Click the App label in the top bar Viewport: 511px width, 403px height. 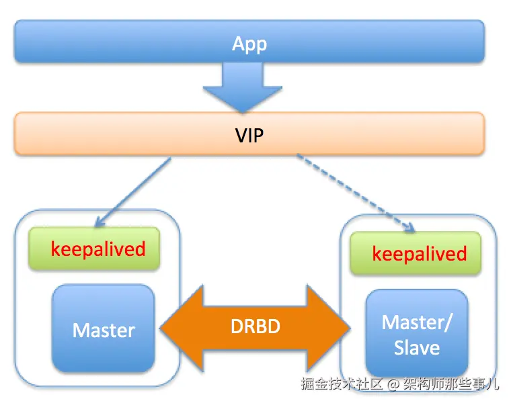249,44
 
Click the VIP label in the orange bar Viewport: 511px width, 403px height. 249,136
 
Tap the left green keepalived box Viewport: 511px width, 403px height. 94,249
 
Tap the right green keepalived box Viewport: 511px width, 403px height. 415,253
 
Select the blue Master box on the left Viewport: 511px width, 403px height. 104,329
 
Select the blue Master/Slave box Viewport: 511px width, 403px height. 416,333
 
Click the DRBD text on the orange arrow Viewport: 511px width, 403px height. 255,327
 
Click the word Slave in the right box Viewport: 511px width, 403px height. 416,348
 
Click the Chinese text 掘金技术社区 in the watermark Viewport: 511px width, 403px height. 342,385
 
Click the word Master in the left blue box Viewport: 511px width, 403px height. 104,330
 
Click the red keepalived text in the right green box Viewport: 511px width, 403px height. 419,254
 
